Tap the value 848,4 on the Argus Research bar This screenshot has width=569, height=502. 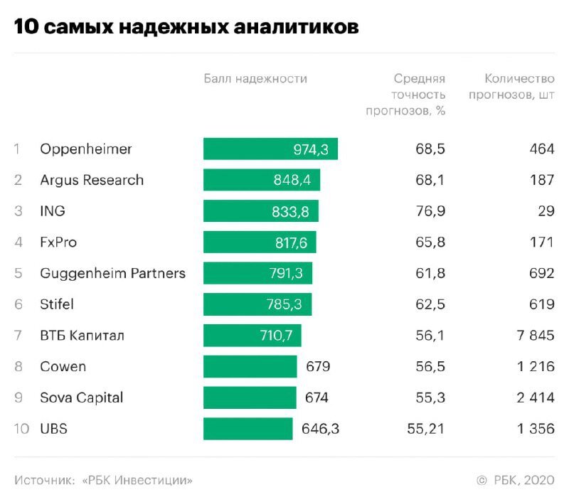pyautogui.click(x=292, y=181)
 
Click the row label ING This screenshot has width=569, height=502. pyautogui.click(x=53, y=211)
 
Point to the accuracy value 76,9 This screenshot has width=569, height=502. pyautogui.click(x=430, y=211)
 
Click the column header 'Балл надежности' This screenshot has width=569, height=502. pyautogui.click(x=255, y=79)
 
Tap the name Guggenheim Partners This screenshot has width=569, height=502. pyautogui.click(x=112, y=274)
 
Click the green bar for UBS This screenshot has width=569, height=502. pyautogui.click(x=248, y=429)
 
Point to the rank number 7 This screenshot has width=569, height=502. pyautogui.click(x=18, y=336)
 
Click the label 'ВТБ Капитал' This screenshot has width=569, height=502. pyautogui.click(x=82, y=336)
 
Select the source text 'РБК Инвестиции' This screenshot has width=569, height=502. pyautogui.click(x=139, y=481)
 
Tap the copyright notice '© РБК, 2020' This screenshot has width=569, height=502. pyautogui.click(x=515, y=481)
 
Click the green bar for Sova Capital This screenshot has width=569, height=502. pyautogui.click(x=250, y=398)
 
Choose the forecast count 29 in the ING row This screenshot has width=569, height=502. pyautogui.click(x=545, y=211)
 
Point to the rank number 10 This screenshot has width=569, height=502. pyautogui.click(x=21, y=429)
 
